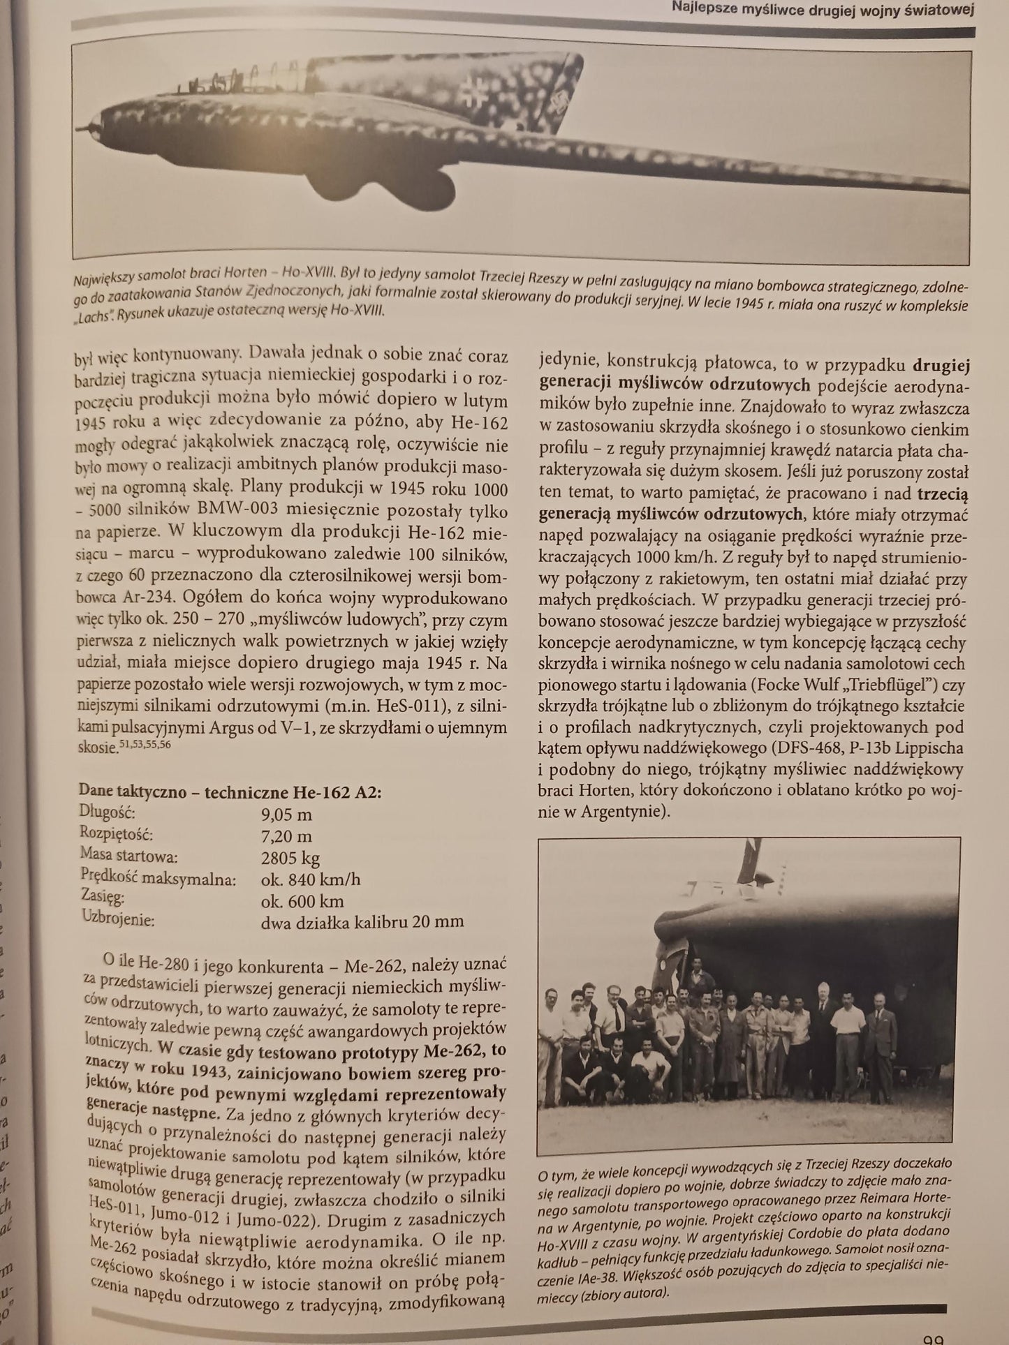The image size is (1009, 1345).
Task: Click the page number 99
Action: tap(933, 1337)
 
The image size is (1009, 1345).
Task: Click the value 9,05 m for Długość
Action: tap(286, 814)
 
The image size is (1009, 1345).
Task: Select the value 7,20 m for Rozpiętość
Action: tap(286, 835)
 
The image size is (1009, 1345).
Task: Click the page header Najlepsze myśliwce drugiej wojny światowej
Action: tap(823, 10)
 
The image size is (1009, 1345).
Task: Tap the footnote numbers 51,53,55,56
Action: tap(145, 745)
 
